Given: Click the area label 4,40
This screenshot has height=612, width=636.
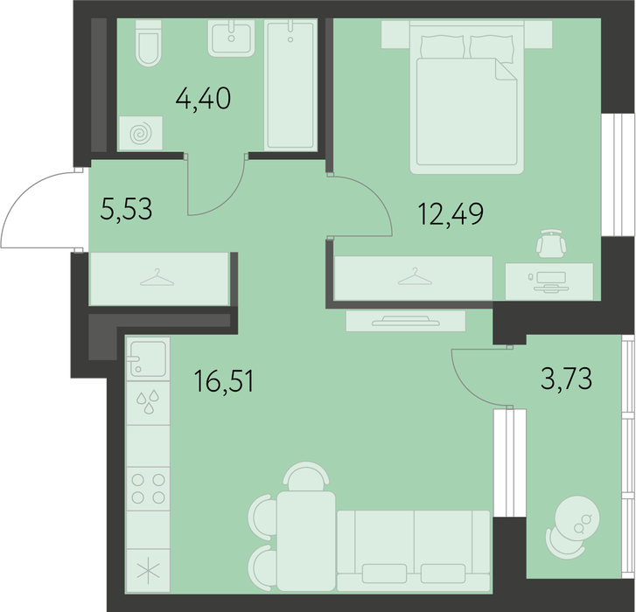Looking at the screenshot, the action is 203,99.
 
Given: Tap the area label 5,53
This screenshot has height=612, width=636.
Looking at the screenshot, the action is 126,210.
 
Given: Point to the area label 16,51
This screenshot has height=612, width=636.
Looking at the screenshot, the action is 224,381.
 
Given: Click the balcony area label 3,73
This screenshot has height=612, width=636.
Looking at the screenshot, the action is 567,379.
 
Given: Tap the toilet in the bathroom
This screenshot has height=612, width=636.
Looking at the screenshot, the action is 148,43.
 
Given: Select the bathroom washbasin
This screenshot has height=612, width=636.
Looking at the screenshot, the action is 231,38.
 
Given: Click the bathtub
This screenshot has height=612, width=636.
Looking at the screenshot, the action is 290,86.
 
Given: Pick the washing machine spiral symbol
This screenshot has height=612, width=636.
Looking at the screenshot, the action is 141,133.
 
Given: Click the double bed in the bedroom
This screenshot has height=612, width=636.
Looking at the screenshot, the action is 467,97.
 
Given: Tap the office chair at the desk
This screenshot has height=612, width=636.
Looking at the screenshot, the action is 551,242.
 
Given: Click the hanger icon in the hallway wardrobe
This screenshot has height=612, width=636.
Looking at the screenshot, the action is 157,277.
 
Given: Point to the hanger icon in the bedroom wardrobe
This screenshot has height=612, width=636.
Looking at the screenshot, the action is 415,276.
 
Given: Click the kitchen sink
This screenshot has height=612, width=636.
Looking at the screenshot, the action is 148,358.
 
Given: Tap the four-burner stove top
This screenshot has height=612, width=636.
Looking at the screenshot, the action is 148,489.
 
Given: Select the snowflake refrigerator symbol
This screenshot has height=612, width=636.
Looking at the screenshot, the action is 148,571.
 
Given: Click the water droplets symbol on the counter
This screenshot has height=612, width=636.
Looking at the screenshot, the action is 148,401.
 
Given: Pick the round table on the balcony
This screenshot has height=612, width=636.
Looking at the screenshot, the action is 577,518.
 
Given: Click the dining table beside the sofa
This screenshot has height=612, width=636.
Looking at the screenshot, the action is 306,541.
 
